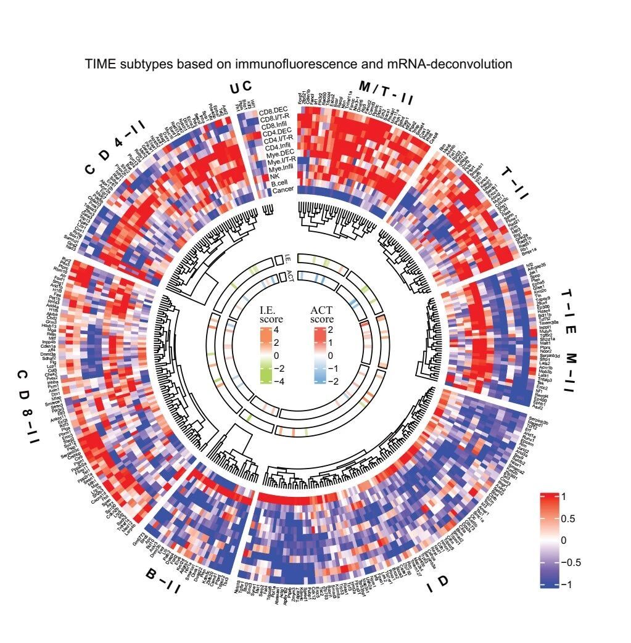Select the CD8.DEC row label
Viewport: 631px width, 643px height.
275,110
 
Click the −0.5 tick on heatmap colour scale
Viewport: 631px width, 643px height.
571,562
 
